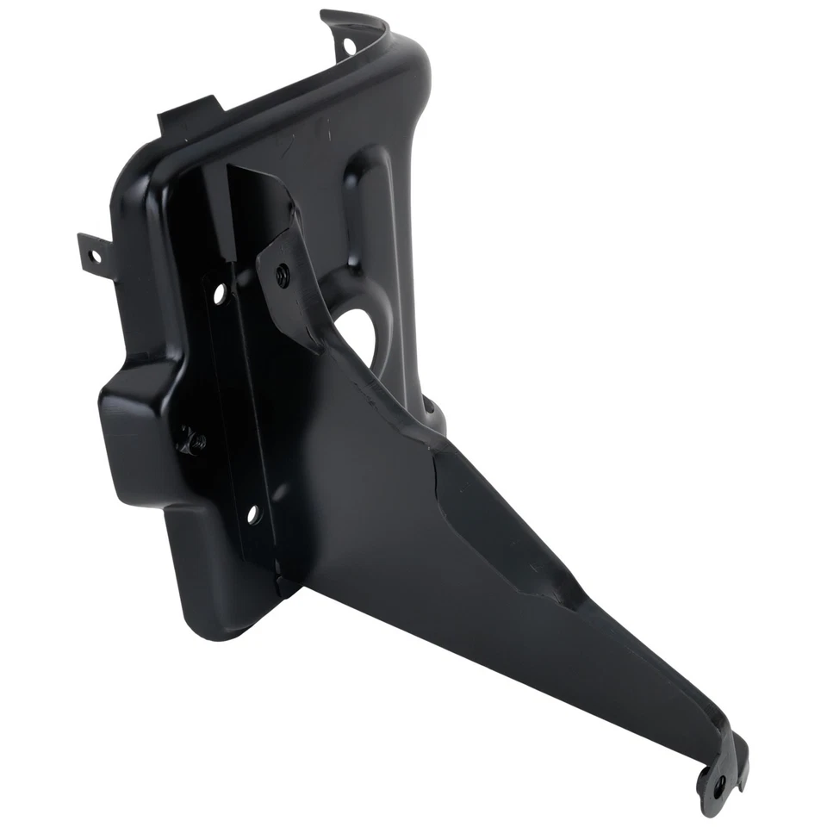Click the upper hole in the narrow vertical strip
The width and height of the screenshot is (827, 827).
[x=219, y=293]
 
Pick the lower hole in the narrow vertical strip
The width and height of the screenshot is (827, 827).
[x=252, y=516]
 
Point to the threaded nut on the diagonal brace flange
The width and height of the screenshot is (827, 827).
[x=283, y=275]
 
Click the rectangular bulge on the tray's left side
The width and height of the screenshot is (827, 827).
[x=138, y=431]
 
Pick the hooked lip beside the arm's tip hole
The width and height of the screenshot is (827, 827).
[x=738, y=758]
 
